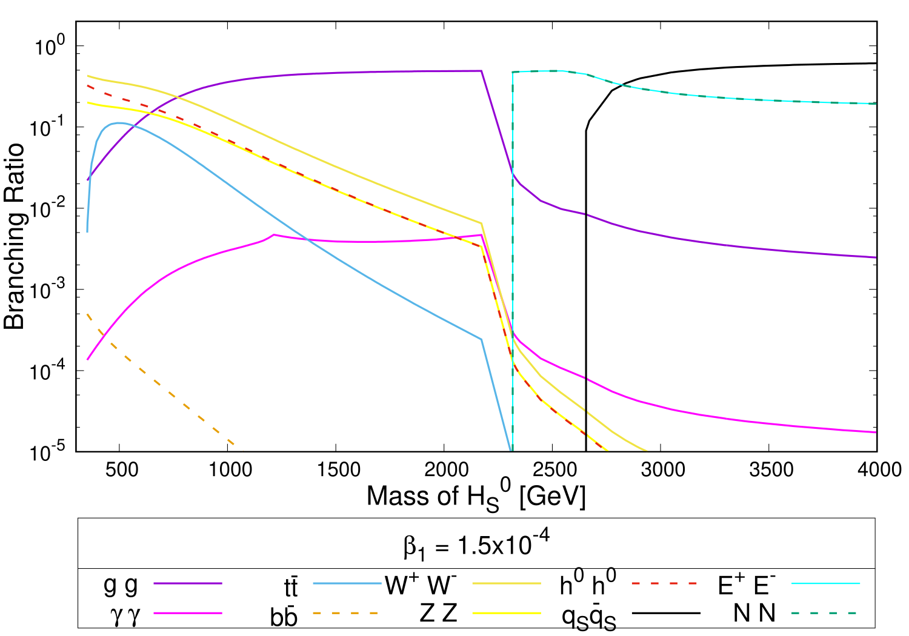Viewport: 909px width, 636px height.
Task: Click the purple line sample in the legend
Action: coord(188,583)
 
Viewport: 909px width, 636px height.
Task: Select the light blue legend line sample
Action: coord(347,583)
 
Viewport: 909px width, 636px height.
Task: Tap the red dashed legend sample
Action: coord(664,583)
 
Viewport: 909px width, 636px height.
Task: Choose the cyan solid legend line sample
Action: coord(825,583)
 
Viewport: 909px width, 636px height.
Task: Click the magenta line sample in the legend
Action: coord(188,613)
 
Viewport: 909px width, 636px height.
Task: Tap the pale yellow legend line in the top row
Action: coord(507,583)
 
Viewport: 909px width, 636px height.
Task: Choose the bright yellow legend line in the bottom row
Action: coord(507,613)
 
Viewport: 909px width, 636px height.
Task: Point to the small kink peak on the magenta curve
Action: coord(274,234)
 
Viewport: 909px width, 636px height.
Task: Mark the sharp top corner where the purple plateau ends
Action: coord(481,71)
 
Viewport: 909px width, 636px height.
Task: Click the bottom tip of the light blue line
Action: coord(511,450)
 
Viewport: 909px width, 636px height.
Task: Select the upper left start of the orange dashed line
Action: coord(88,314)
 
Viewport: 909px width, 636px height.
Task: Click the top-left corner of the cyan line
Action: coord(513,72)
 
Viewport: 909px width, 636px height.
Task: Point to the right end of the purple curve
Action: coord(876,257)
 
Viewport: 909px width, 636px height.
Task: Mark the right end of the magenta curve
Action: coord(876,432)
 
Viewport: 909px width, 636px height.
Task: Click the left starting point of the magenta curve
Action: coord(88,360)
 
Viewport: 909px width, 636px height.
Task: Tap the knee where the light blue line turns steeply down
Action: coord(482,339)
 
